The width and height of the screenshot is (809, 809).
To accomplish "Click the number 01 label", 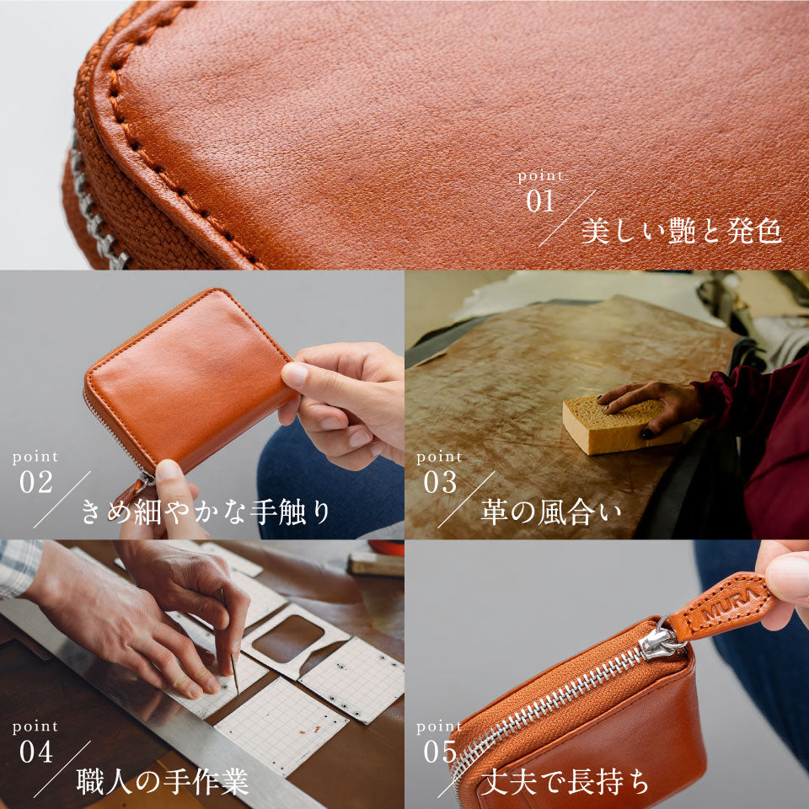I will [540, 202].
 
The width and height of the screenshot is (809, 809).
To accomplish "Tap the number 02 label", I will [36, 483].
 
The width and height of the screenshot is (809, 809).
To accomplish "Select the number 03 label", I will [439, 483].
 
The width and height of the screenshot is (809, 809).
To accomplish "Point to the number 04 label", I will [36, 752].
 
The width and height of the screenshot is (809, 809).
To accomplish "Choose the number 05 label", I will [439, 752].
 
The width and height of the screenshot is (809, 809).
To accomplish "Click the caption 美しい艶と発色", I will [681, 230].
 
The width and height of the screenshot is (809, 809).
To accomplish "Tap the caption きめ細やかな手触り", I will [206, 512].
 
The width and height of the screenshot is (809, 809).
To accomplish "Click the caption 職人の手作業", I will [162, 781].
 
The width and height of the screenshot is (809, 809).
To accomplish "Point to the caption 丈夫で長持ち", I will [564, 781].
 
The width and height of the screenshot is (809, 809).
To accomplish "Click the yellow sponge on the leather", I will [622, 425].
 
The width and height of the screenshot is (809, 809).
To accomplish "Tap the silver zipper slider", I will [660, 643].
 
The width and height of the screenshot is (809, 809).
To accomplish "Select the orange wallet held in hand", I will [185, 379].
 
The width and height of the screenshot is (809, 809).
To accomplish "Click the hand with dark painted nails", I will [649, 400].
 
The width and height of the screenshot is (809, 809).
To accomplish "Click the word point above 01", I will [540, 177].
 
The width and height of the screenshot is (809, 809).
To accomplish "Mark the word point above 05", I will [439, 726].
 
